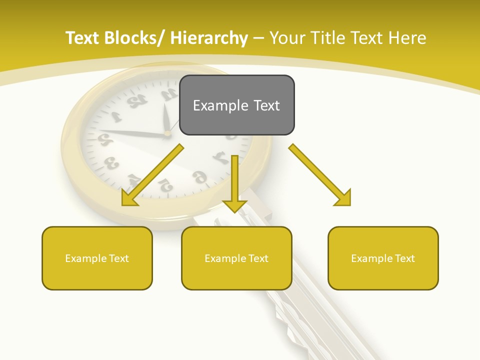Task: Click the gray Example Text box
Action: pos(236,105)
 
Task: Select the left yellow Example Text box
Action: pos(97,258)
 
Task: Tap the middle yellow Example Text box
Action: pos(236,258)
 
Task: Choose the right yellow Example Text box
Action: pos(383,258)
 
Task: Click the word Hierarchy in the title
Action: pos(209,38)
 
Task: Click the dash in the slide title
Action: pos(258,38)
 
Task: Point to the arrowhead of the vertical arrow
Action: pos(235,205)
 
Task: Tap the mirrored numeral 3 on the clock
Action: pos(111,163)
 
